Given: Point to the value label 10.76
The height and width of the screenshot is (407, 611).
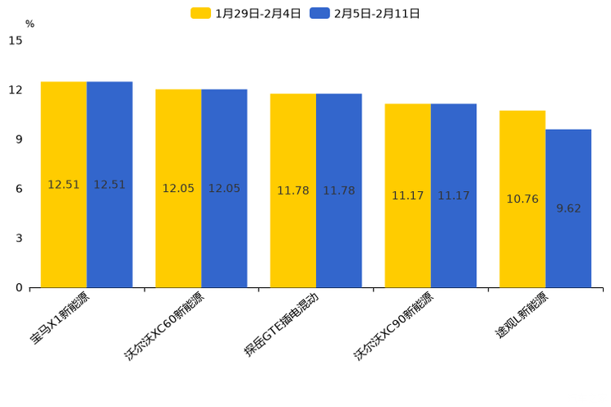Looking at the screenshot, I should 522,199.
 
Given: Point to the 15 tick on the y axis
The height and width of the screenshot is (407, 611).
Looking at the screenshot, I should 15,40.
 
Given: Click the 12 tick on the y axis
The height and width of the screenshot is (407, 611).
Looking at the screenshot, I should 15,89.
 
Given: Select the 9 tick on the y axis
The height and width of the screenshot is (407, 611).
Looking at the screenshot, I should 19,139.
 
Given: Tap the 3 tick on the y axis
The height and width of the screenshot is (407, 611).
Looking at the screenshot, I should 19,238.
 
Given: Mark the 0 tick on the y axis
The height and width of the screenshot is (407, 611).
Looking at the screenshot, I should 19,288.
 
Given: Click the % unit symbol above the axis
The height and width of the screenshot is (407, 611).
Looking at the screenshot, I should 30,24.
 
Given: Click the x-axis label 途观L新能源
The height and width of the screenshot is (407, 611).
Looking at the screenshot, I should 522,316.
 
